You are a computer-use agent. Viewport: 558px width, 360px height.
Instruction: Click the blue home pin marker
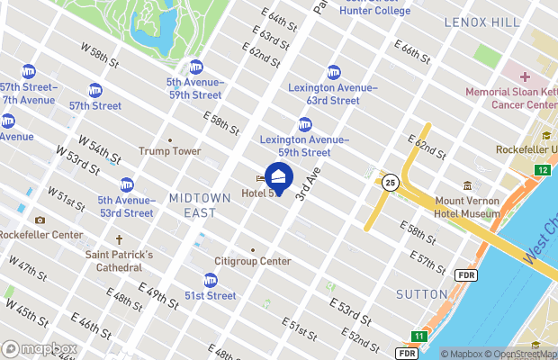(279, 177)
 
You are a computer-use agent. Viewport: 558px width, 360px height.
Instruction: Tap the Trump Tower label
(170, 151)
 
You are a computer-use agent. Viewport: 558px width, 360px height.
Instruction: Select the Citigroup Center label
(252, 261)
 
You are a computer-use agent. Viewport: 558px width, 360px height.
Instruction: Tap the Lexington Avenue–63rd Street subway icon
(334, 72)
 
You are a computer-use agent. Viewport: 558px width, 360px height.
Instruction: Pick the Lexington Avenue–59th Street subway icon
(305, 124)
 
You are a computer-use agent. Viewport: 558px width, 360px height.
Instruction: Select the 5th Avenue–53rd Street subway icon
(126, 184)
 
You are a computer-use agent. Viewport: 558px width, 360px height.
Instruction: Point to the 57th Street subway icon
(95, 89)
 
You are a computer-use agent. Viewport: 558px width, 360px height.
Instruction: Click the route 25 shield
(390, 183)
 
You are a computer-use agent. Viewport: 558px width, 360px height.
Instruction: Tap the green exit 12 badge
(542, 170)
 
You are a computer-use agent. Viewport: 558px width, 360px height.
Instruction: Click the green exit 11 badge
(418, 336)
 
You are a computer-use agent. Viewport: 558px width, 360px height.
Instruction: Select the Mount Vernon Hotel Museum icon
(466, 185)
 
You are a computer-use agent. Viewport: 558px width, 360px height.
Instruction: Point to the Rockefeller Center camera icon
(40, 220)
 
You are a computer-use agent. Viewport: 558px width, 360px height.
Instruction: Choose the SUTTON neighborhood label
(421, 294)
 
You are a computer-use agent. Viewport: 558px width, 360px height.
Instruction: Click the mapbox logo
(39, 348)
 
